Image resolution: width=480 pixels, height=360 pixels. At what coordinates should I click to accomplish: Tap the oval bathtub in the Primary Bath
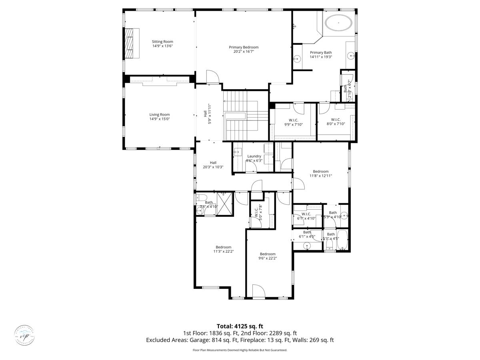pyautogui.click(x=338, y=23)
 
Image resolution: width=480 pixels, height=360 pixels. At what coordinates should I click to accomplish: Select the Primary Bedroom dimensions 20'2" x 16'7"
pyautogui.click(x=244, y=51)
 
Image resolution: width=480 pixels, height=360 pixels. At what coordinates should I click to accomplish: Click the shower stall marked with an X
pyautogui.click(x=225, y=204)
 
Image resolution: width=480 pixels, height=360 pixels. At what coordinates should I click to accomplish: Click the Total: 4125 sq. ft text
pyautogui.click(x=240, y=326)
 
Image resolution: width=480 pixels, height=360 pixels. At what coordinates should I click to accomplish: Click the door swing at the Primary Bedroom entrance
pyautogui.click(x=212, y=76)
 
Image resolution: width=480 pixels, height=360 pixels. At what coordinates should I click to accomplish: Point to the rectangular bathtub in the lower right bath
pyautogui.click(x=342, y=240)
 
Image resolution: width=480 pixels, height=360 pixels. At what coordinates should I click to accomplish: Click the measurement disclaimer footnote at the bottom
pyautogui.click(x=240, y=350)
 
